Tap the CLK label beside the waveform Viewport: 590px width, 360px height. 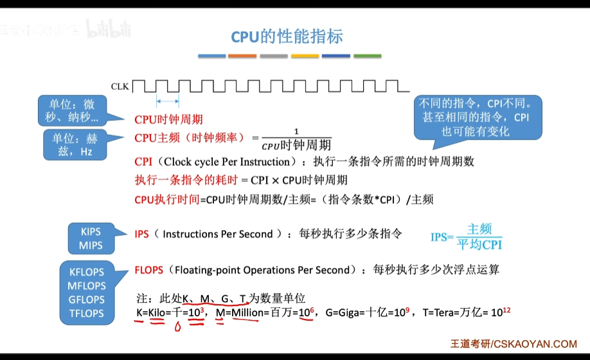point(120,86)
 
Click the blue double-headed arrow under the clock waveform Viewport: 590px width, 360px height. point(168,101)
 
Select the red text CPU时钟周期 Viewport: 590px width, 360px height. point(168,120)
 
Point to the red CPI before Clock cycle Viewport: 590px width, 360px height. point(143,161)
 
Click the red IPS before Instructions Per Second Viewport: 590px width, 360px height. point(141,235)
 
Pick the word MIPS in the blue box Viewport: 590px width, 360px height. point(91,246)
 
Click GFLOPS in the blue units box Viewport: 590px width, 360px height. point(87,300)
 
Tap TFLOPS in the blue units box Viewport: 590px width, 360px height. point(87,313)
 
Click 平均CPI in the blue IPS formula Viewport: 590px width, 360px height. point(479,244)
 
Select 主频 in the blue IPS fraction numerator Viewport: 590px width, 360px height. point(479,229)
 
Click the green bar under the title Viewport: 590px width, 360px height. point(367,57)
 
